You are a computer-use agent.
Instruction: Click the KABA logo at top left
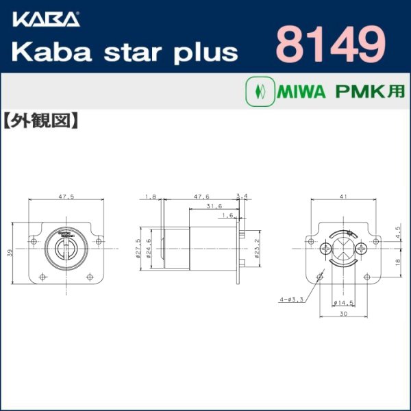pyautogui.click(x=45, y=17)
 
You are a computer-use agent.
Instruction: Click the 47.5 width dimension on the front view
pyautogui.click(x=66, y=197)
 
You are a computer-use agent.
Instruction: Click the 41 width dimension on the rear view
pyautogui.click(x=342, y=197)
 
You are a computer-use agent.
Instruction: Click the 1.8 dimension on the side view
pyautogui.click(x=151, y=197)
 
